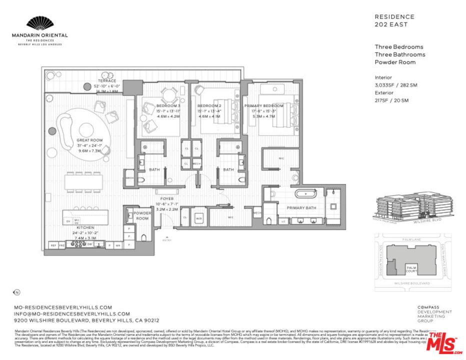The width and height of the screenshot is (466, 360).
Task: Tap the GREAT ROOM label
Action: pyautogui.click(x=89, y=140)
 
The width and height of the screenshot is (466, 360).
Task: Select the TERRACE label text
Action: pyautogui.click(x=106, y=81)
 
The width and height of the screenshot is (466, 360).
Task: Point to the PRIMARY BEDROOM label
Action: pyautogui.click(x=263, y=106)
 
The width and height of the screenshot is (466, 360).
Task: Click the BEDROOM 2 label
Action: pyautogui.click(x=209, y=106)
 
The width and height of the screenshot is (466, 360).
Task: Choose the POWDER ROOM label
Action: pyautogui.click(x=142, y=215)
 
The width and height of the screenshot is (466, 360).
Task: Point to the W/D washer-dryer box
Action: pyautogui.click(x=198, y=218)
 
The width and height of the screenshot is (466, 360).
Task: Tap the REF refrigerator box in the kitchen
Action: pyautogui.click(x=53, y=245)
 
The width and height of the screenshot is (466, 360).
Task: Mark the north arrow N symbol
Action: pyautogui.click(x=16, y=292)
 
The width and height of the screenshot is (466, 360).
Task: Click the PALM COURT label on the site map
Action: pyautogui.click(x=411, y=269)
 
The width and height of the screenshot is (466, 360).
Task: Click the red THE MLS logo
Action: pyautogui.click(x=442, y=341)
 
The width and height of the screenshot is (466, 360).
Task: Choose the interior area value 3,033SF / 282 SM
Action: pyautogui.click(x=395, y=85)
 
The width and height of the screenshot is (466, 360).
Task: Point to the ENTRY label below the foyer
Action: pyautogui.click(x=166, y=240)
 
